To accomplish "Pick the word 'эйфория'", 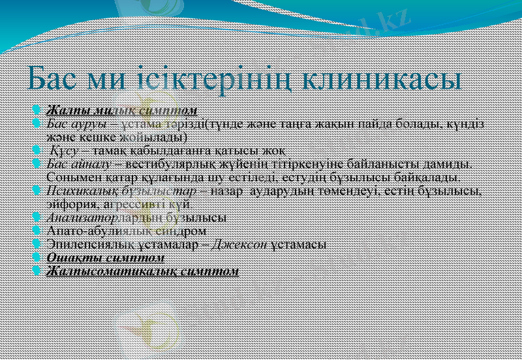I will [x=70, y=204].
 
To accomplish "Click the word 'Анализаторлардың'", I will [x=104, y=218].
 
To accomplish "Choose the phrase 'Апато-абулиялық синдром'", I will [x=127, y=231].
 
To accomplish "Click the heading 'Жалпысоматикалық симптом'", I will [x=143, y=271].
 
